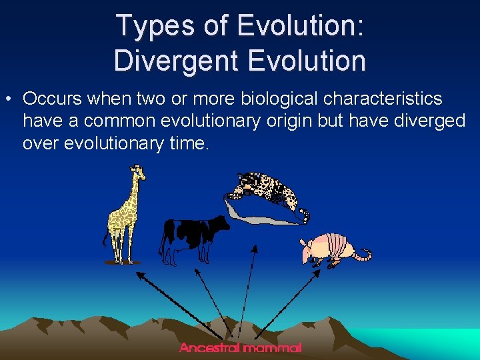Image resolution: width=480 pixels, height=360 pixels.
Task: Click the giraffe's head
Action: click(x=138, y=173)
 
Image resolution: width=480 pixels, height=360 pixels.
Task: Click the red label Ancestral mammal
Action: click(x=240, y=347)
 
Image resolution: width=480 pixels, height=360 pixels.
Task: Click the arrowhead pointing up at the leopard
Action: click(x=254, y=250)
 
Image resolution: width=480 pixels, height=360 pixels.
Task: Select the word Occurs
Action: click(x=53, y=99)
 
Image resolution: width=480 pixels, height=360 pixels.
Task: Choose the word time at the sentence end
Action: click(x=189, y=143)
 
